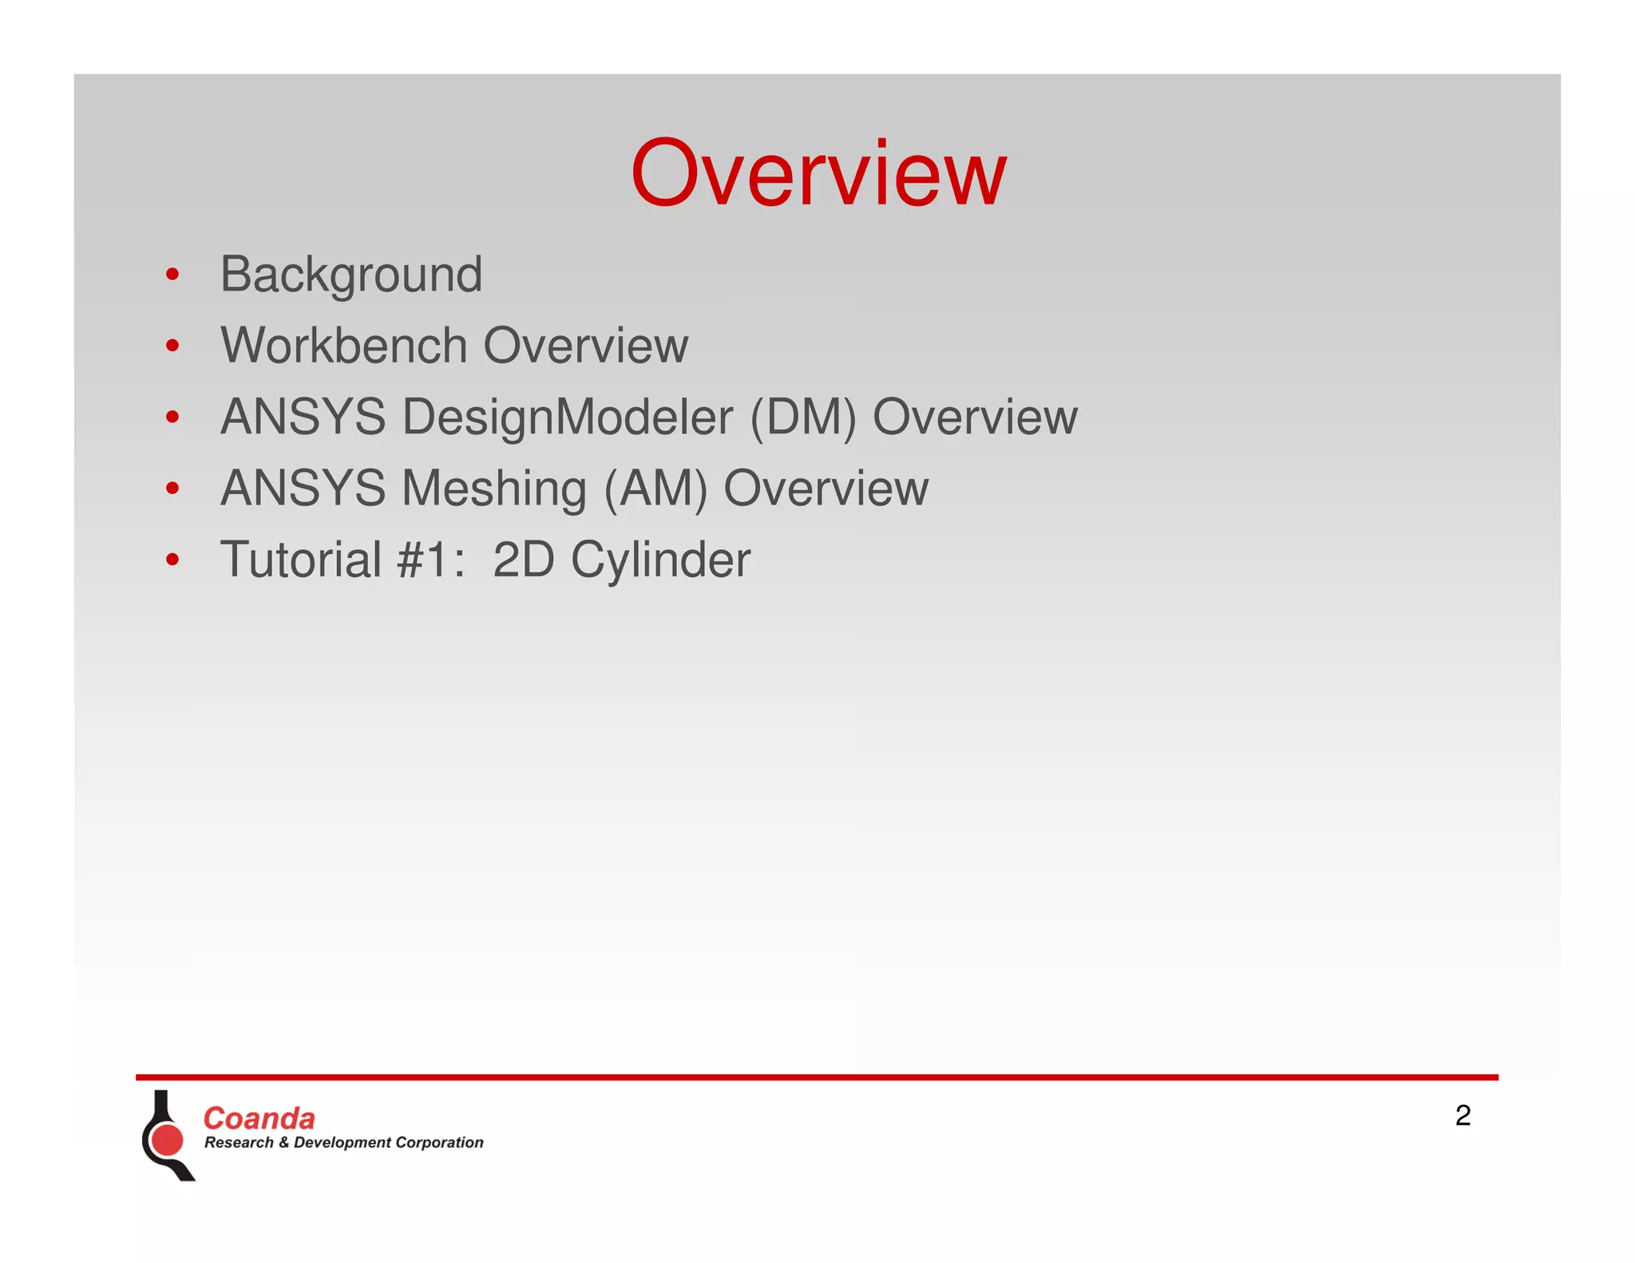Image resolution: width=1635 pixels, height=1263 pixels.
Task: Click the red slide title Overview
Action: click(818, 173)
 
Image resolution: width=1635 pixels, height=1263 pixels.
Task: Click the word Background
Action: click(351, 275)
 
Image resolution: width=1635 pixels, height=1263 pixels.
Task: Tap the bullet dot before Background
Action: click(172, 275)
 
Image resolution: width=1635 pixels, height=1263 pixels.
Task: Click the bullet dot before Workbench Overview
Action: click(172, 346)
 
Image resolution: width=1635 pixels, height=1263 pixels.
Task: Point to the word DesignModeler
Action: click(567, 418)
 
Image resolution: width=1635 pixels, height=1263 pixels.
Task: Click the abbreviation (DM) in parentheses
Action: click(803, 418)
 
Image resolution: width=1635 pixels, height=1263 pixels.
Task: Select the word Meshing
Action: click(494, 489)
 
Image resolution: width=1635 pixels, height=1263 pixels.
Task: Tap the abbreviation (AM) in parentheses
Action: click(655, 489)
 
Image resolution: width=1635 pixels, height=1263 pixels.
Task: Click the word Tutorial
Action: click(301, 559)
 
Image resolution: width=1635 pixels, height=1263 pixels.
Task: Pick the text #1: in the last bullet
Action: click(430, 559)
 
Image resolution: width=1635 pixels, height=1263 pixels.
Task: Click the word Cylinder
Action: click(660, 560)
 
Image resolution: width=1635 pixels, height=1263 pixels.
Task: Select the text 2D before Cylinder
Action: click(523, 559)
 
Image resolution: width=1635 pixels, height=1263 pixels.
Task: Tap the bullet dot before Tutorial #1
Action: click(172, 560)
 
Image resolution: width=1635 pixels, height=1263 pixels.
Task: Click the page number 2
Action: click(1463, 1115)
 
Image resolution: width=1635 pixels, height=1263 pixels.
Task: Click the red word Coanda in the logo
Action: click(259, 1118)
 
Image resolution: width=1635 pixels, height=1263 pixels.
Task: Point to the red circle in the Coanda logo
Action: click(168, 1139)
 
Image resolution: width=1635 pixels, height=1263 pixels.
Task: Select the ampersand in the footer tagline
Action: click(283, 1142)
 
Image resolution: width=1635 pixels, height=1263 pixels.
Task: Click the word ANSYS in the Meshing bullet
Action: click(303, 489)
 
